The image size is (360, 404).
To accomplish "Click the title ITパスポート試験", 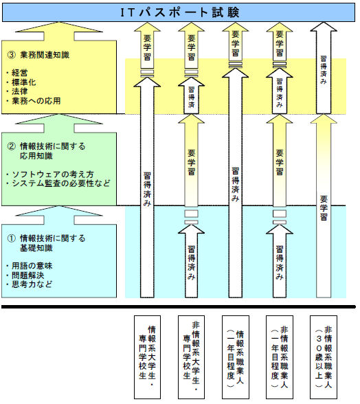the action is pyautogui.click(x=180, y=12).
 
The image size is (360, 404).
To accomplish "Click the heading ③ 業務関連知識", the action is pyautogui.click(x=38, y=55).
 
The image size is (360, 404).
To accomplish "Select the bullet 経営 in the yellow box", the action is pyautogui.click(x=19, y=73).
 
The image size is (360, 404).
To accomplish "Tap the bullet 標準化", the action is pyautogui.click(x=24, y=82).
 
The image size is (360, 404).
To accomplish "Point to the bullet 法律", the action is pyautogui.click(x=19, y=91).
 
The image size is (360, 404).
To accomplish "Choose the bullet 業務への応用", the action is pyautogui.click(x=36, y=101).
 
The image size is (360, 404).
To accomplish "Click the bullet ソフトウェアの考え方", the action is pyautogui.click(x=53, y=175).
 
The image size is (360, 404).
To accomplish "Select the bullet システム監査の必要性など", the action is pyautogui.click(x=61, y=183).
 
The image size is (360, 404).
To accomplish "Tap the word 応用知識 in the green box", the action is pyautogui.click(x=36, y=156).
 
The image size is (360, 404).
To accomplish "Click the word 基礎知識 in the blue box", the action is pyautogui.click(x=36, y=248).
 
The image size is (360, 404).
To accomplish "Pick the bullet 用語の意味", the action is pyautogui.click(x=32, y=266).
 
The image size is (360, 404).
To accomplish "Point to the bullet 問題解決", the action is pyautogui.click(x=28, y=275).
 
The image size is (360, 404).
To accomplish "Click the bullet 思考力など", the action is pyautogui.click(x=32, y=284).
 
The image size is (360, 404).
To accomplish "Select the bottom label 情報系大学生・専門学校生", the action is pyautogui.click(x=147, y=357).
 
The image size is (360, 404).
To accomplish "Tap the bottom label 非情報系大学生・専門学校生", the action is pyautogui.click(x=191, y=357).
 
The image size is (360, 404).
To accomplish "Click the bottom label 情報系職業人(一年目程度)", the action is pyautogui.click(x=235, y=357).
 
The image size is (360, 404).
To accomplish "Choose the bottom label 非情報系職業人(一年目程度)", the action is pyautogui.click(x=280, y=357).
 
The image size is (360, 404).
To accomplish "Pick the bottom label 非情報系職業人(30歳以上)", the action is pyautogui.click(x=324, y=357).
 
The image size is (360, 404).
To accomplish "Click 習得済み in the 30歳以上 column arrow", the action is pyautogui.click(x=324, y=70).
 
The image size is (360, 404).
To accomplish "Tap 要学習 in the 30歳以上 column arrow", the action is pyautogui.click(x=324, y=208).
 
